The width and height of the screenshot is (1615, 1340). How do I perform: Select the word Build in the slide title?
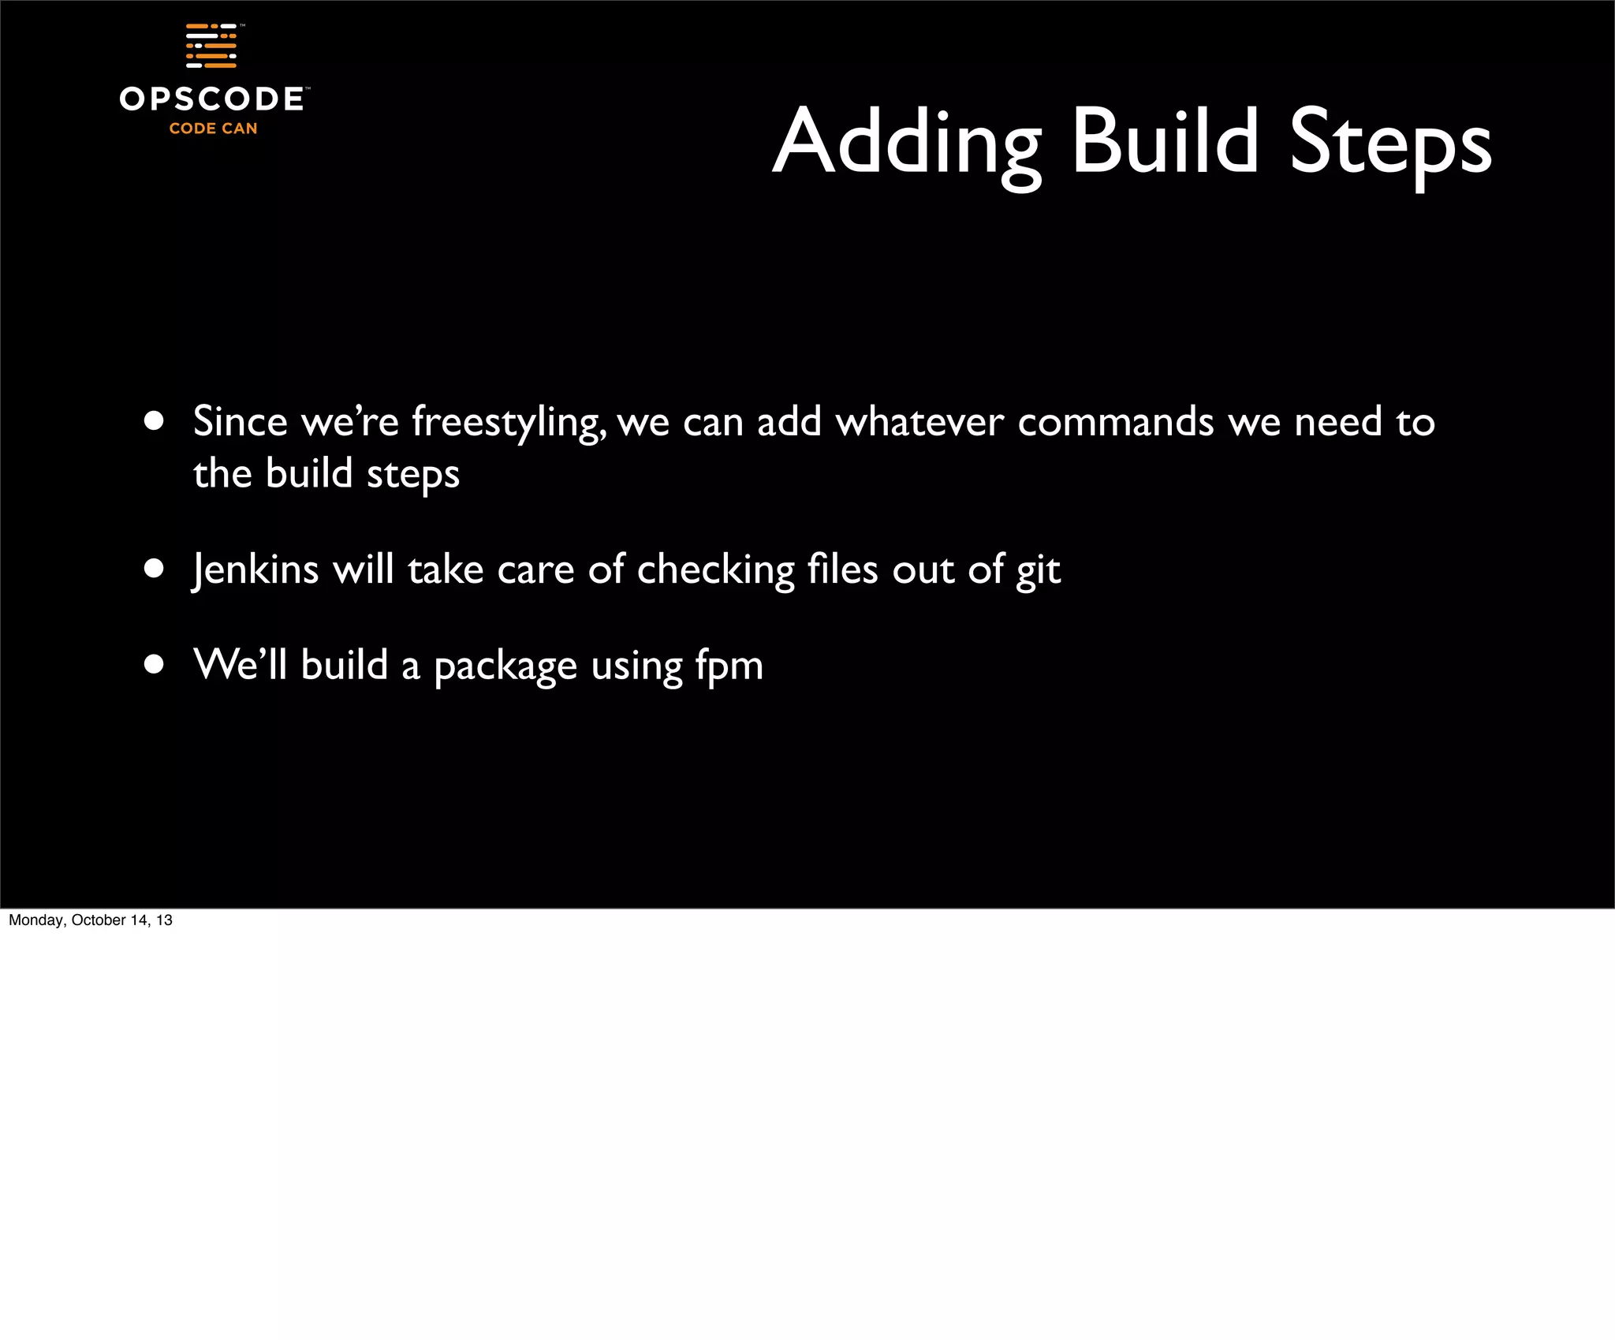(1165, 142)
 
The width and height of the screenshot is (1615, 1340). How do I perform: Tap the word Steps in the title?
(1389, 145)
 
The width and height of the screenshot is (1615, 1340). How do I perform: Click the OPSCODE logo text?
(211, 99)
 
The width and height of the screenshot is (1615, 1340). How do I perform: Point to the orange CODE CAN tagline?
(213, 129)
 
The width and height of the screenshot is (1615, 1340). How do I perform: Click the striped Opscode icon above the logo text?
(211, 46)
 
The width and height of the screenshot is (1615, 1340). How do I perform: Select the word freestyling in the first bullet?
(509, 423)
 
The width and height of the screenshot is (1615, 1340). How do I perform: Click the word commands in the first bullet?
(1115, 422)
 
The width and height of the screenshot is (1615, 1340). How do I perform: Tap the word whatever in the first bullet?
(919, 422)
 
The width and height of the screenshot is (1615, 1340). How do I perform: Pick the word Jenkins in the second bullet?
(255, 569)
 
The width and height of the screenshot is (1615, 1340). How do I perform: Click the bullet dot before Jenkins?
(154, 569)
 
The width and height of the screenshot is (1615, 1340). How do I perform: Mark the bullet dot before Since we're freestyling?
(154, 421)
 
